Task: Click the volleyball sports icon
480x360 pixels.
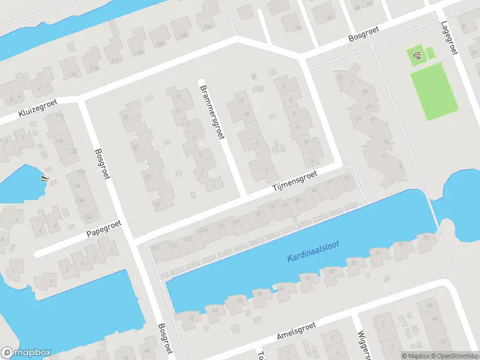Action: pos(417,56)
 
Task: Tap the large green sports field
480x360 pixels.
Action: pos(434,90)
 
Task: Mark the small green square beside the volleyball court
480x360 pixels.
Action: pos(430,54)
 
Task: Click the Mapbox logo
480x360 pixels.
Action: pos(26,353)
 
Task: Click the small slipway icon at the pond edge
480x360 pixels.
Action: pos(43,177)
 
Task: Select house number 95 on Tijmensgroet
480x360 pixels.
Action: pos(259,213)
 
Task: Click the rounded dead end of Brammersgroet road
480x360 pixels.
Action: pos(202,82)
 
